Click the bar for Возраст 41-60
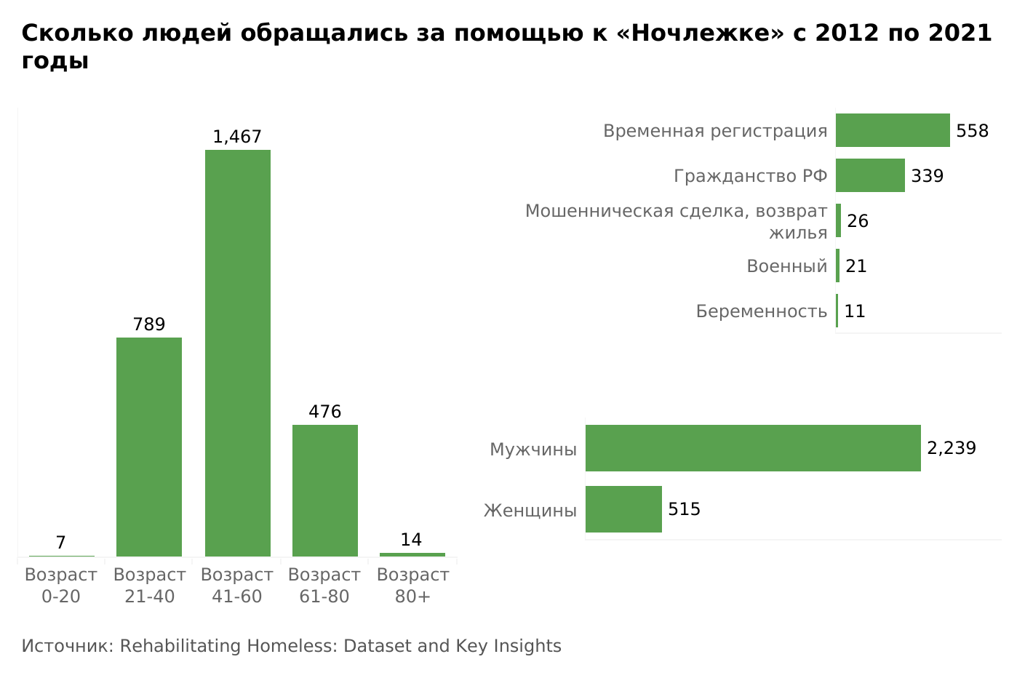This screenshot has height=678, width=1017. pyautogui.click(x=237, y=353)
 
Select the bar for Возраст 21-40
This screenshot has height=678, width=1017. pyautogui.click(x=149, y=447)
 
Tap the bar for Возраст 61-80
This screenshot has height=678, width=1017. pyautogui.click(x=324, y=490)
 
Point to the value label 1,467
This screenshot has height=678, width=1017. pyautogui.click(x=237, y=137)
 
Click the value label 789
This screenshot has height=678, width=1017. pyautogui.click(x=149, y=324)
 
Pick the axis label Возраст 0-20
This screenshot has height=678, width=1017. pyautogui.click(x=61, y=586)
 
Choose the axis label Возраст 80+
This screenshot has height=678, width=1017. pyautogui.click(x=412, y=586)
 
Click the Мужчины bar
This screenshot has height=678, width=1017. pyautogui.click(x=753, y=448)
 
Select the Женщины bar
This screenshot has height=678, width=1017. pyautogui.click(x=623, y=509)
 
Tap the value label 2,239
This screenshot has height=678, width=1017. pyautogui.click(x=951, y=448)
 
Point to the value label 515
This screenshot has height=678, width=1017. pyautogui.click(x=684, y=509)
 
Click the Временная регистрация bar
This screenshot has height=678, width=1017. pyautogui.click(x=893, y=130)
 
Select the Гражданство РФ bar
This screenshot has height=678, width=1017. pyautogui.click(x=870, y=175)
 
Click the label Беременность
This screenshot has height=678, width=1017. pyautogui.click(x=761, y=311)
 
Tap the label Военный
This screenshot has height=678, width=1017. pyautogui.click(x=786, y=266)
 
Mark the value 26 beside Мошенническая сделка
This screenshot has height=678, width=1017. pyautogui.click(x=858, y=221)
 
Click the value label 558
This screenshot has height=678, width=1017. pyautogui.click(x=972, y=131)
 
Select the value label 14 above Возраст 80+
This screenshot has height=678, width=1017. pyautogui.click(x=411, y=540)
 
